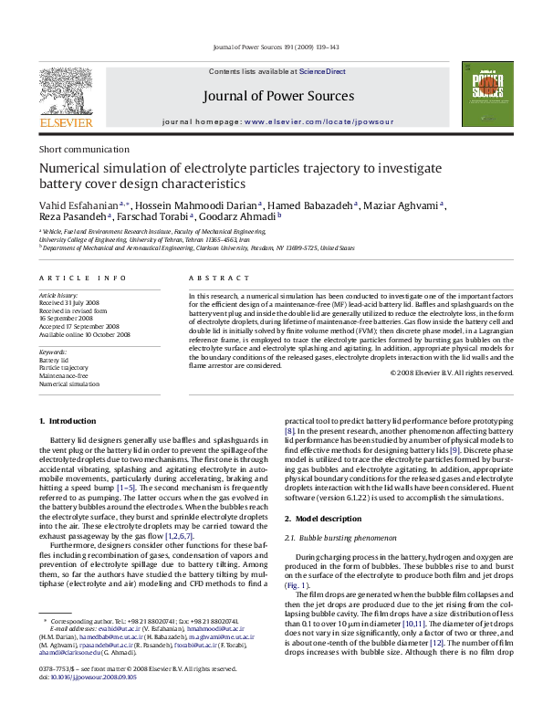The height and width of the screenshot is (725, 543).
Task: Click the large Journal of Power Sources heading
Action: [x=271, y=95]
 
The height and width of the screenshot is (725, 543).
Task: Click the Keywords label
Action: [x=54, y=352]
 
